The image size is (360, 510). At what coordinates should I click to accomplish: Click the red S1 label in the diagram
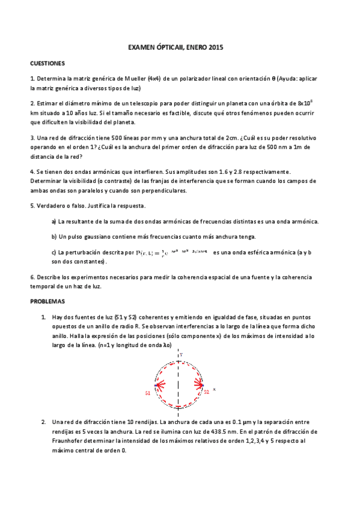pos(147,393)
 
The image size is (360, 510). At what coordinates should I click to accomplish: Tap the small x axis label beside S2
pos(214,389)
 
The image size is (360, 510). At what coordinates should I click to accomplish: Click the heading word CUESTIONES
pos(47,63)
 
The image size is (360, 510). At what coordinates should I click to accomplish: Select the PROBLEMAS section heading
pos(47,301)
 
